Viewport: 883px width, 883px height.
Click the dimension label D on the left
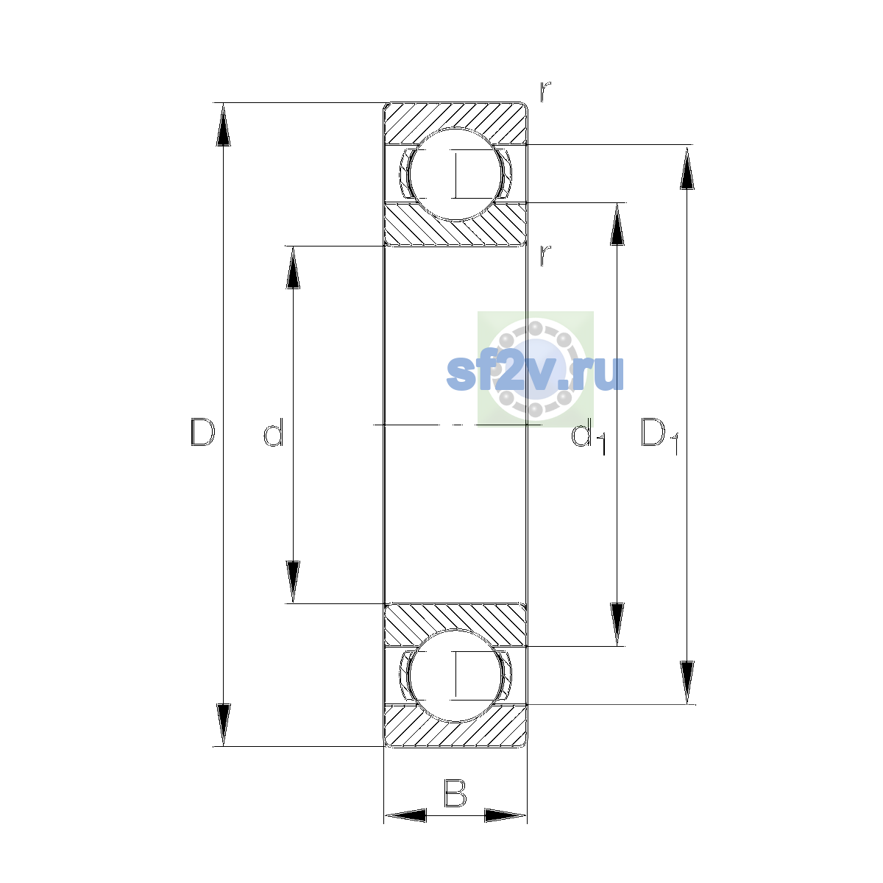click(x=202, y=432)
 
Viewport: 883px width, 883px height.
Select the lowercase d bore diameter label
click(x=274, y=432)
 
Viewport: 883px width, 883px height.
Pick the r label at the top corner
click(x=545, y=91)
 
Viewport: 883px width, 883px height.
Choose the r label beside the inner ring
click(x=545, y=255)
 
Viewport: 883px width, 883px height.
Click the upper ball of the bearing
click(x=455, y=174)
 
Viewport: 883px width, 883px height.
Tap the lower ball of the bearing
click(x=455, y=675)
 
